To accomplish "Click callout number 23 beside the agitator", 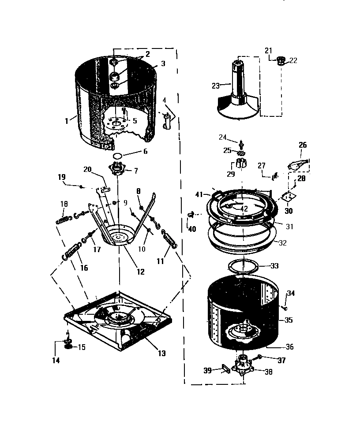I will (x=215, y=86).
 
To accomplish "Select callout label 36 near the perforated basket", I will (x=289, y=347).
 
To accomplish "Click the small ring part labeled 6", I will (x=118, y=156).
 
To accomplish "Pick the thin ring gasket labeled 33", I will (x=244, y=266).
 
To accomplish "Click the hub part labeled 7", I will (x=117, y=169).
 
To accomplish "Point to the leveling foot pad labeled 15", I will (x=68, y=346).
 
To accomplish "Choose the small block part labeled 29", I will (x=241, y=164).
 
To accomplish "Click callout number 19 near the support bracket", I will (x=62, y=177).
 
